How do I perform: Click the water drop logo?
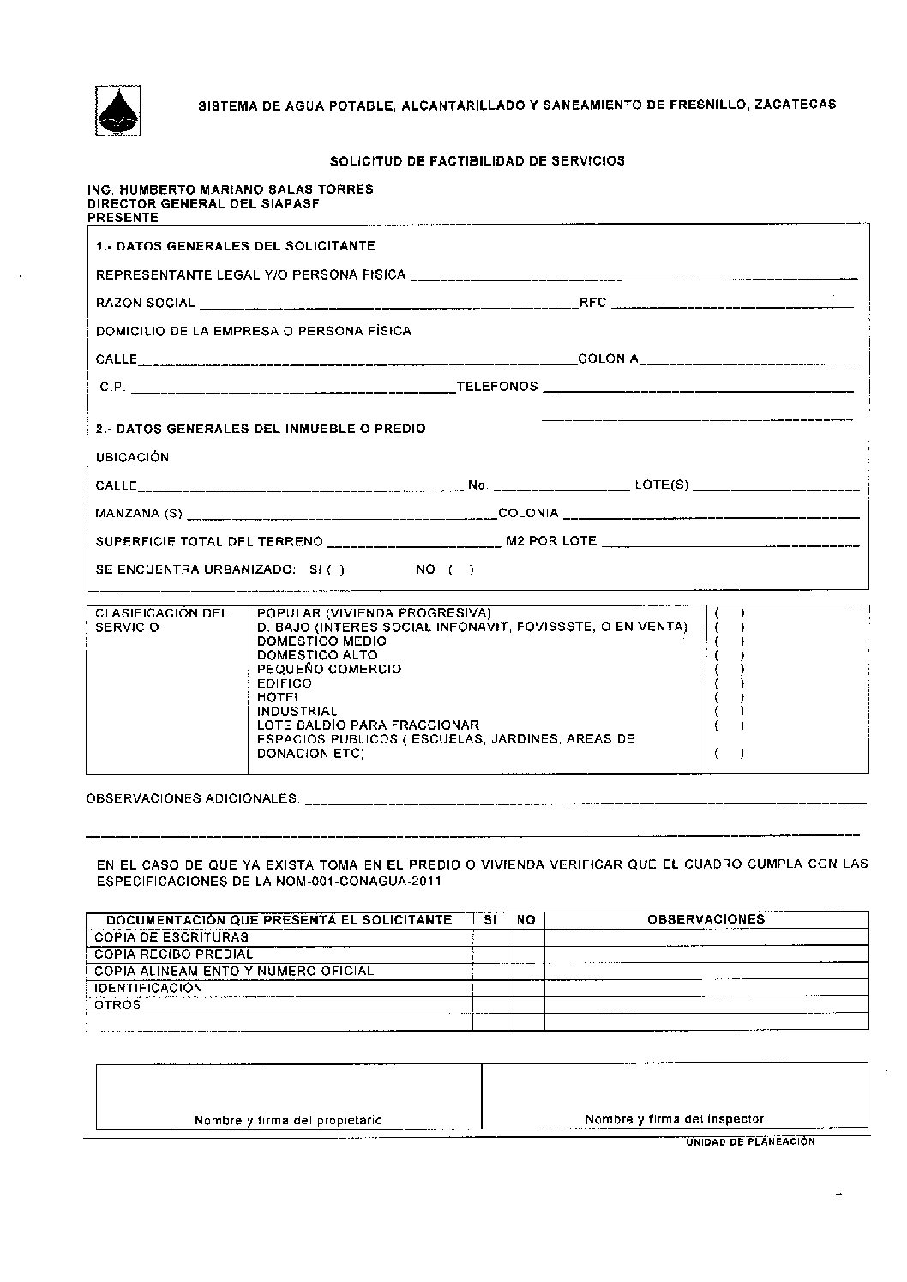[x=117, y=111]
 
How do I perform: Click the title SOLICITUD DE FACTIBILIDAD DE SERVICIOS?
[x=478, y=160]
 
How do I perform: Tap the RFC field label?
[x=592, y=303]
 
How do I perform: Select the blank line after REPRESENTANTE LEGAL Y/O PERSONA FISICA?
[x=634, y=276]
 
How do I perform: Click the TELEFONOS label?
[x=497, y=387]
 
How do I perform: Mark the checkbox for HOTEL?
[x=729, y=697]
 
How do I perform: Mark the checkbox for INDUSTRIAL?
[x=729, y=711]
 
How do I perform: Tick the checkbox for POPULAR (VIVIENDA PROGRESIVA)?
[x=729, y=613]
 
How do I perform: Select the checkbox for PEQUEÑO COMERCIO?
[x=729, y=669]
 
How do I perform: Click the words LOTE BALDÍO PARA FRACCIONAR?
[x=368, y=725]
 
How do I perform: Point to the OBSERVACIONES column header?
[x=706, y=919]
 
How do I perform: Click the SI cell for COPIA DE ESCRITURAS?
[x=490, y=937]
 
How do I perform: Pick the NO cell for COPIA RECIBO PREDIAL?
[x=526, y=954]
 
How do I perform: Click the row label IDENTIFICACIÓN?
[x=148, y=988]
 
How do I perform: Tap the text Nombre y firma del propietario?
[x=288, y=1120]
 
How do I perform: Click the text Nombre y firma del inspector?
[x=674, y=1119]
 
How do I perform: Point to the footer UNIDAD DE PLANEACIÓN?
[x=749, y=1142]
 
